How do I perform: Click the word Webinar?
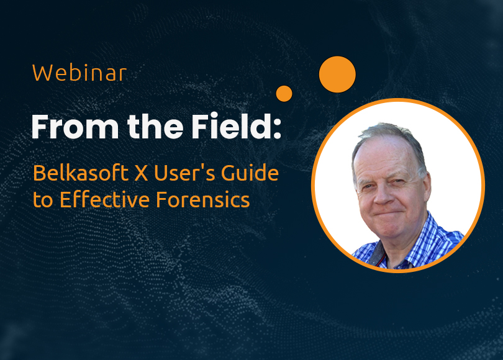click(x=79, y=73)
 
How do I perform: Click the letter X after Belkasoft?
click(x=141, y=173)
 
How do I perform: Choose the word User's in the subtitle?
click(x=184, y=173)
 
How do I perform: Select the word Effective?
click(x=104, y=199)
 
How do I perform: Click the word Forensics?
click(x=202, y=199)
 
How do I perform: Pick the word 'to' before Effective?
click(x=43, y=200)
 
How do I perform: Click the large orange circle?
click(x=337, y=74)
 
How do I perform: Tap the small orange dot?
click(x=284, y=94)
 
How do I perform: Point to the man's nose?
click(x=382, y=196)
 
